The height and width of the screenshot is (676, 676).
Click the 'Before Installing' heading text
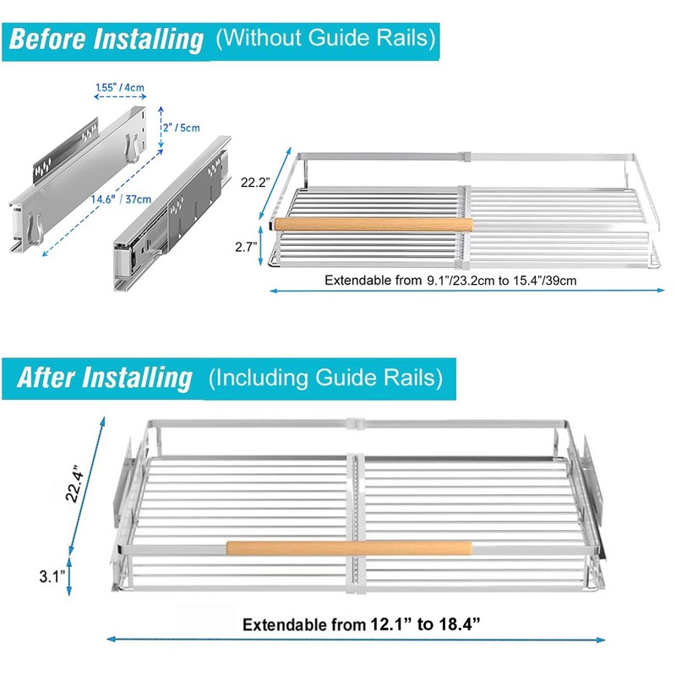coord(106,40)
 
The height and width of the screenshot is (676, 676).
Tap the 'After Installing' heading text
coord(105,379)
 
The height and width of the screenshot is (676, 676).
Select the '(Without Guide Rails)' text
coord(326,38)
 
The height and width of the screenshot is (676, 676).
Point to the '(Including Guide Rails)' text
coord(325,378)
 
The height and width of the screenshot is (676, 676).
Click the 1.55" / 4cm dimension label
coord(120,88)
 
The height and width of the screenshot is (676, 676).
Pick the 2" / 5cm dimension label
coord(182,128)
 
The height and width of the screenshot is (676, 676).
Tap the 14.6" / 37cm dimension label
coord(121,199)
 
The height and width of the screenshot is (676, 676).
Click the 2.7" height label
coord(246,247)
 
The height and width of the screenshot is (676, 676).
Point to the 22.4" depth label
coord(74,483)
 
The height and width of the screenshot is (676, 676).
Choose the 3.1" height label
coord(52,576)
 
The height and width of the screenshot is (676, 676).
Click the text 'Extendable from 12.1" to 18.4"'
coord(362,624)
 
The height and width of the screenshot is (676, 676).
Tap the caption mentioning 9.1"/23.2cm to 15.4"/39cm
coord(450,281)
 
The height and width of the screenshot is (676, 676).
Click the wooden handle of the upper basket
coord(373,225)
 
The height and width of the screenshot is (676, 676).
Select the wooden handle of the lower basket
coord(349,548)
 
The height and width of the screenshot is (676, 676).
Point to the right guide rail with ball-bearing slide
coord(172,214)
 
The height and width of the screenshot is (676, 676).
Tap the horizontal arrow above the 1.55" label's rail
coord(120,97)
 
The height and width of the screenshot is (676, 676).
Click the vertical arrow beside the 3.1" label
coord(69,577)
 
